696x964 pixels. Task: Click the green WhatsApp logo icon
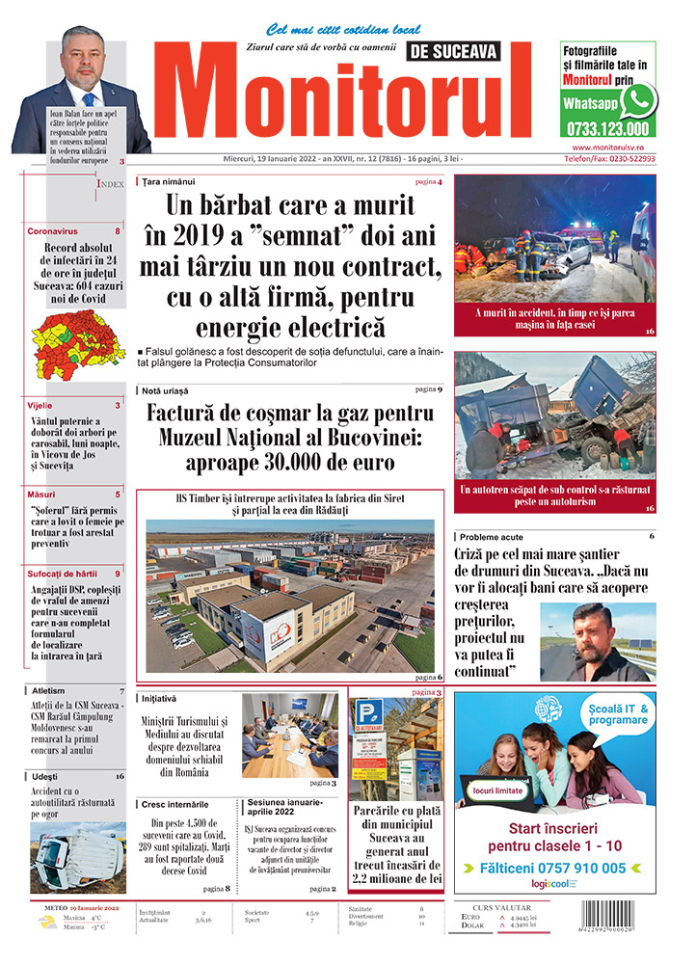point(638,100)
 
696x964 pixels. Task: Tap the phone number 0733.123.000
point(608,128)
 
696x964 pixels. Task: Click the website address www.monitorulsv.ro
point(608,147)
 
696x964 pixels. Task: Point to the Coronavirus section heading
point(52,232)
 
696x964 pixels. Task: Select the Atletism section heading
point(48,691)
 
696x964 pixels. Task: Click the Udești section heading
point(44,776)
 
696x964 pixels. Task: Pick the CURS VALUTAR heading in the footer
point(504,906)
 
